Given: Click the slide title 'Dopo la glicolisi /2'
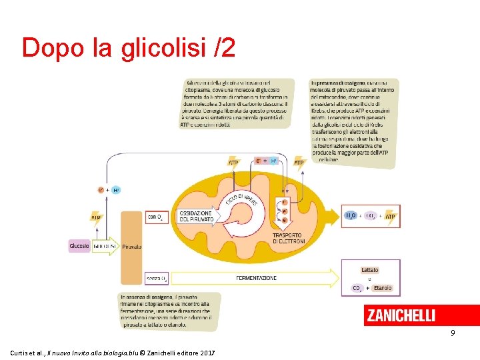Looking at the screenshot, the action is tap(129, 48).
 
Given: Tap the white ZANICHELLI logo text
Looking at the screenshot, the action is tap(401, 316).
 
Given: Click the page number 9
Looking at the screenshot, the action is tap(452, 333).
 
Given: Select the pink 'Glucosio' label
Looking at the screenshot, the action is tap(79, 246).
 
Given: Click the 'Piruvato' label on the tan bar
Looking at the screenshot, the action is tap(131, 246).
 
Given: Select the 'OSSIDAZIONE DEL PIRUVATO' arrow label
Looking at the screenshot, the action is tap(195, 216).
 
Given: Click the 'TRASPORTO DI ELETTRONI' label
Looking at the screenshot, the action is tap(287, 238).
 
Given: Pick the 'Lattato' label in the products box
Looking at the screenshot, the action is tap(369, 270).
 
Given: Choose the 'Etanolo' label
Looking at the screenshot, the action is tap(383, 288).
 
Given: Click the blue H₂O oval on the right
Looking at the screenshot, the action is tap(351, 215).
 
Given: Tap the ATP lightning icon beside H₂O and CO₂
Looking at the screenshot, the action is tap(391, 216).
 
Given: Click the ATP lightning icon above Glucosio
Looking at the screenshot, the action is tap(97, 217).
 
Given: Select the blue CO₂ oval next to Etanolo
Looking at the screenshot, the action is tap(357, 288).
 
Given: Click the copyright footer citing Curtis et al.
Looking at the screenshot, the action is tap(113, 351).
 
